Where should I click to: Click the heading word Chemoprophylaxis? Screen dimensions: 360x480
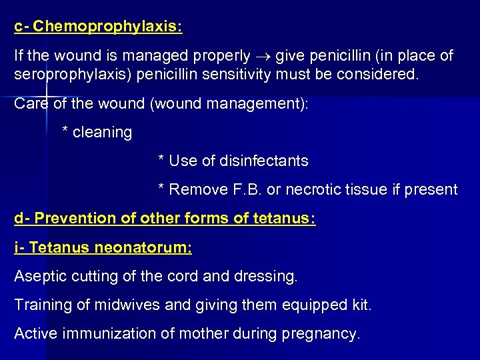point(107,27)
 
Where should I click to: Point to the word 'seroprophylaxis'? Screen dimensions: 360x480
point(73,73)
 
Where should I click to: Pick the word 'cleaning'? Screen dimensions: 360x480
point(103,132)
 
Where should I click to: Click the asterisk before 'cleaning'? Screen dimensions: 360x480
point(65,131)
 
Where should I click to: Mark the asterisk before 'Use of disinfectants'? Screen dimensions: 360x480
point(161,159)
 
